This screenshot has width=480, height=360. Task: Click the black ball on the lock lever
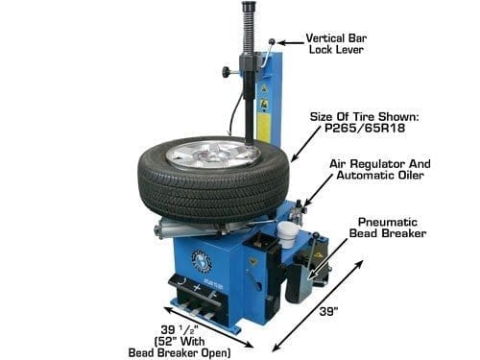[273, 41]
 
